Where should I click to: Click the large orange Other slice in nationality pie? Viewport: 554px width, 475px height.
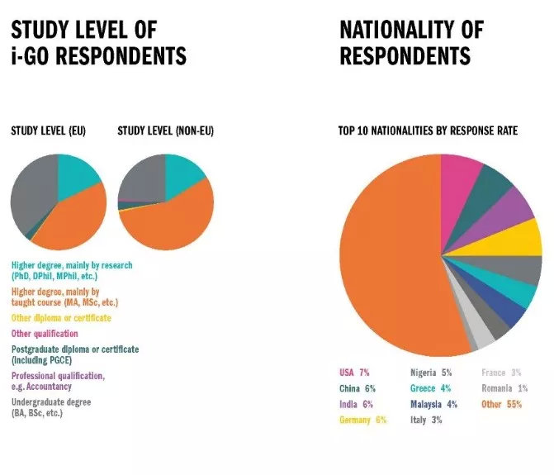coord(388,256)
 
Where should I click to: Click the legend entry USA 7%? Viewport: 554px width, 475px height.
coord(353,373)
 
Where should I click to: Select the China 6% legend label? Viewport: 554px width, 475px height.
coord(357,388)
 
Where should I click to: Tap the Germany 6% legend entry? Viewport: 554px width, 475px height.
coord(362,420)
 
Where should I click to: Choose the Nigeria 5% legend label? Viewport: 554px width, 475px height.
coord(432,373)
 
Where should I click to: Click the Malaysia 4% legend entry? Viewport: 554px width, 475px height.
coord(433,404)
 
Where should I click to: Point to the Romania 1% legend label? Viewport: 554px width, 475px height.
coord(504,388)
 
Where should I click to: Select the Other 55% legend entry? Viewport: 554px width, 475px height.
coord(502,404)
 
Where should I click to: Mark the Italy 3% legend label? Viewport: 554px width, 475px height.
coord(426,420)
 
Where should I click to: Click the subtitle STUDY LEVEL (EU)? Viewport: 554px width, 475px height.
coord(48,131)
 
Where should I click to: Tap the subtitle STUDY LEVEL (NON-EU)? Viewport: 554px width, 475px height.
coord(166,131)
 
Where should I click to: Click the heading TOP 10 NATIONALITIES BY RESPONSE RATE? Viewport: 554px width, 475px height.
coord(428,131)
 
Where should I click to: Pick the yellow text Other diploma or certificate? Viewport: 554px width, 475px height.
coord(61,318)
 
